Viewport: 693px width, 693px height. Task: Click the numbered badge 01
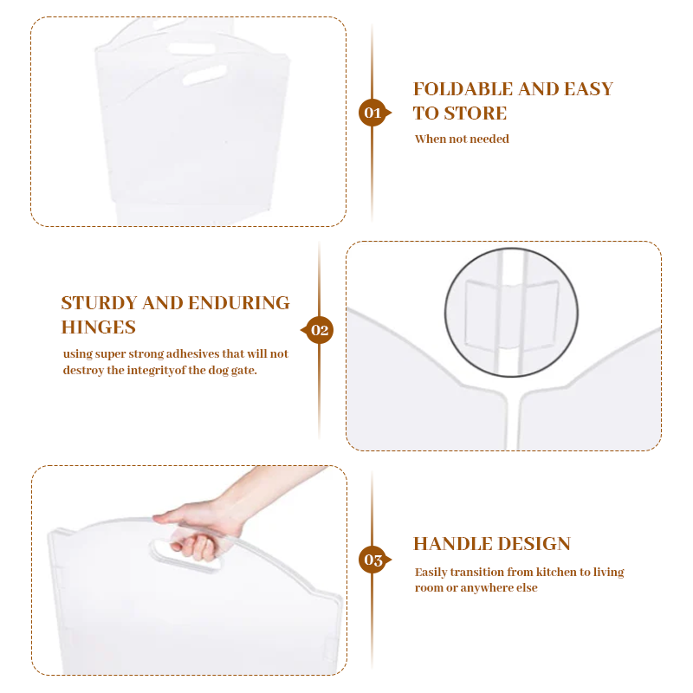(373, 113)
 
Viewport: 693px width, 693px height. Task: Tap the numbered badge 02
(319, 330)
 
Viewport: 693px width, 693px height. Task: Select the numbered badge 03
(373, 560)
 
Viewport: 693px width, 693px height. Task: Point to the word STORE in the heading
(475, 113)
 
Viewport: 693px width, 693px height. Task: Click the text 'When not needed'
(462, 139)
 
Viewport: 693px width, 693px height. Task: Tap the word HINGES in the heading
(98, 327)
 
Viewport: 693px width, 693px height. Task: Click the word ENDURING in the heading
(239, 302)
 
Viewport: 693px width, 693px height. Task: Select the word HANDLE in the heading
(452, 544)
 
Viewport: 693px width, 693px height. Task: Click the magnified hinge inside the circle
(511, 316)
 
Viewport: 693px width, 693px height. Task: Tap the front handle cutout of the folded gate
(204, 74)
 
